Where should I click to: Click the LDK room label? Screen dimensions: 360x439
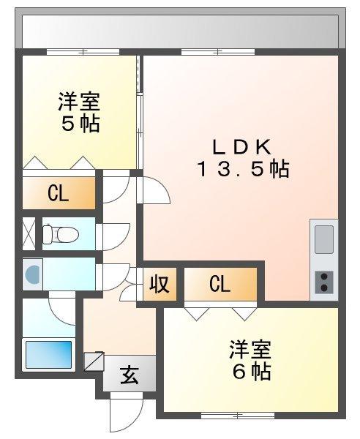242,147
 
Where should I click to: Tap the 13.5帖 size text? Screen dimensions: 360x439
243,169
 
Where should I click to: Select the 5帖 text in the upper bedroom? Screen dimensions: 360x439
80,124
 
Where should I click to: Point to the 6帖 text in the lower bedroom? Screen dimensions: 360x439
252,372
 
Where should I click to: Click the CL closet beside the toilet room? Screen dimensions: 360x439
59,193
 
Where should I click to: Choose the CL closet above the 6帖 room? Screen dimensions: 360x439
220,284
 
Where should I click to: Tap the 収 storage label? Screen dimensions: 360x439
160,284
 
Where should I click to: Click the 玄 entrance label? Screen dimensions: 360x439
130,375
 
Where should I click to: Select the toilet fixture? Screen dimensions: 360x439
61,234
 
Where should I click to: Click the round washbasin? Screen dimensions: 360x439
33,274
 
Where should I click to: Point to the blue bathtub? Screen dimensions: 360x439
49,354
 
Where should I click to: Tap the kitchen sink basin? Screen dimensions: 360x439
324,239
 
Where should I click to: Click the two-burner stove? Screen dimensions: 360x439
324,282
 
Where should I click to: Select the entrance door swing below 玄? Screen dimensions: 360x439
127,413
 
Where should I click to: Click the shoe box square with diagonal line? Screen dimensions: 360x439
94,361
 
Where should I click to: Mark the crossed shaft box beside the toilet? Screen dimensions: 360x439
29,234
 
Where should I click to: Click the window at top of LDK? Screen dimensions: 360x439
218,52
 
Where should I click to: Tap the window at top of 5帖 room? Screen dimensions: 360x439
83,52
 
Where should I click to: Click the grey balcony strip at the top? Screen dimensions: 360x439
180,31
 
